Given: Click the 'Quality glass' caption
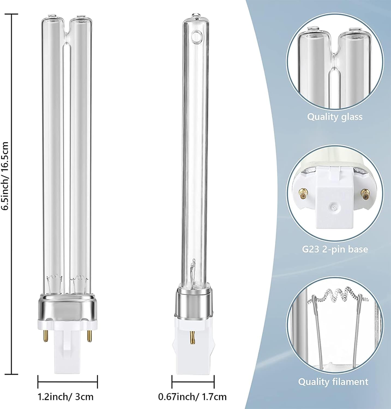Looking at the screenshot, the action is [335, 117].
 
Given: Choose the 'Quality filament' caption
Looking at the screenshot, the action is [333, 381].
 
